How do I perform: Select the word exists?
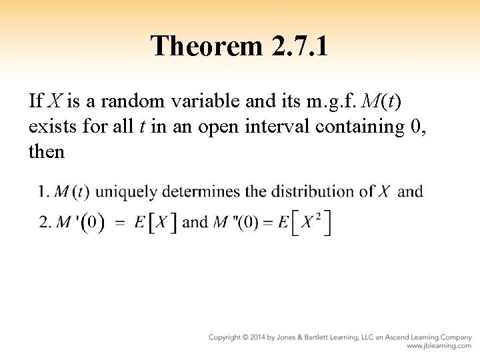click(50, 126)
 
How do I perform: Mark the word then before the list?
click(47, 151)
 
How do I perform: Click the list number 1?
click(43, 192)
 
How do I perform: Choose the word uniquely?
click(127, 193)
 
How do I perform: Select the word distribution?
click(311, 192)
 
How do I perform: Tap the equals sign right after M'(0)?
click(120, 223)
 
